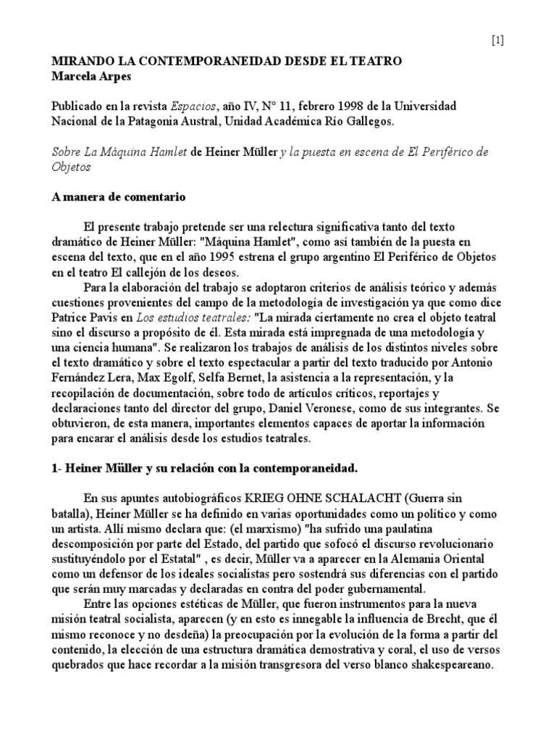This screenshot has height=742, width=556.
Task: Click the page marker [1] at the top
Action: point(497,41)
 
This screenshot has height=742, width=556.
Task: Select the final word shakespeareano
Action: point(452,666)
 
